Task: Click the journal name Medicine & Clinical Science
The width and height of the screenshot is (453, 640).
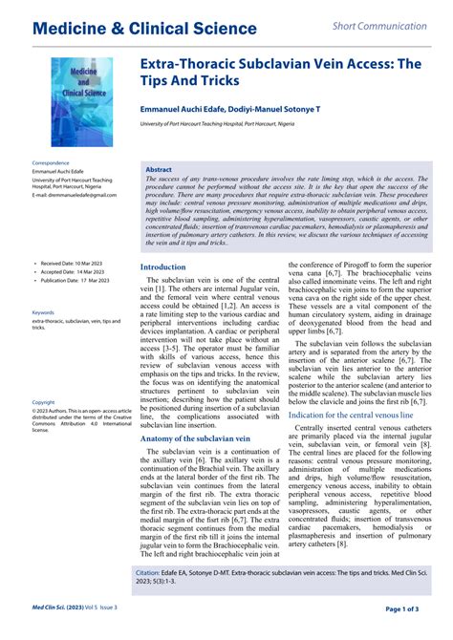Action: pyautogui.click(x=144, y=28)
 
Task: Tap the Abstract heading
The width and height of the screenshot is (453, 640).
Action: pyautogui.click(x=159, y=169)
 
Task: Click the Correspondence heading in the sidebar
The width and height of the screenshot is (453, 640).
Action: pyautogui.click(x=52, y=163)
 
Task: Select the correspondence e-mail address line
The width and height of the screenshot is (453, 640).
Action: pyautogui.click(x=75, y=195)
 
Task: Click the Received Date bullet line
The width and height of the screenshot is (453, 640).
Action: pyautogui.click(x=73, y=262)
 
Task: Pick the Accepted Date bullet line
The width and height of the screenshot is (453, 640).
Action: pyautogui.click(x=73, y=271)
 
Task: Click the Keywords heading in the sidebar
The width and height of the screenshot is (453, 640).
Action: pyautogui.click(x=43, y=312)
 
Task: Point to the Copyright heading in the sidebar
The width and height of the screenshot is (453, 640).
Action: pyautogui.click(x=44, y=402)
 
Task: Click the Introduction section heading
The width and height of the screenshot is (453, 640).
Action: pyautogui.click(x=163, y=267)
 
